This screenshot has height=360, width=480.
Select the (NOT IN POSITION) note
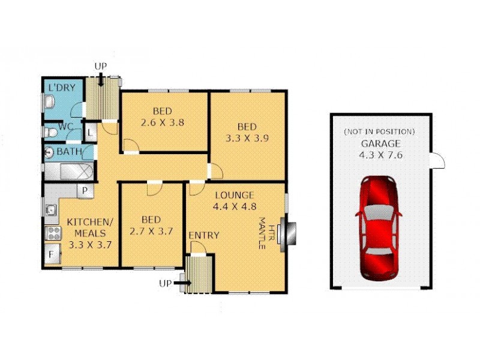tap(379, 131)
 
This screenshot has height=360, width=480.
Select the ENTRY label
tap(204, 235)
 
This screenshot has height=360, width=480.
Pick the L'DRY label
tap(61, 88)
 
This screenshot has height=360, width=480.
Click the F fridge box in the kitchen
tap(52, 254)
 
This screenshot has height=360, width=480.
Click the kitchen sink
tap(51, 210)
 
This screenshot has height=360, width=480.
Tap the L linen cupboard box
tap(89, 132)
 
